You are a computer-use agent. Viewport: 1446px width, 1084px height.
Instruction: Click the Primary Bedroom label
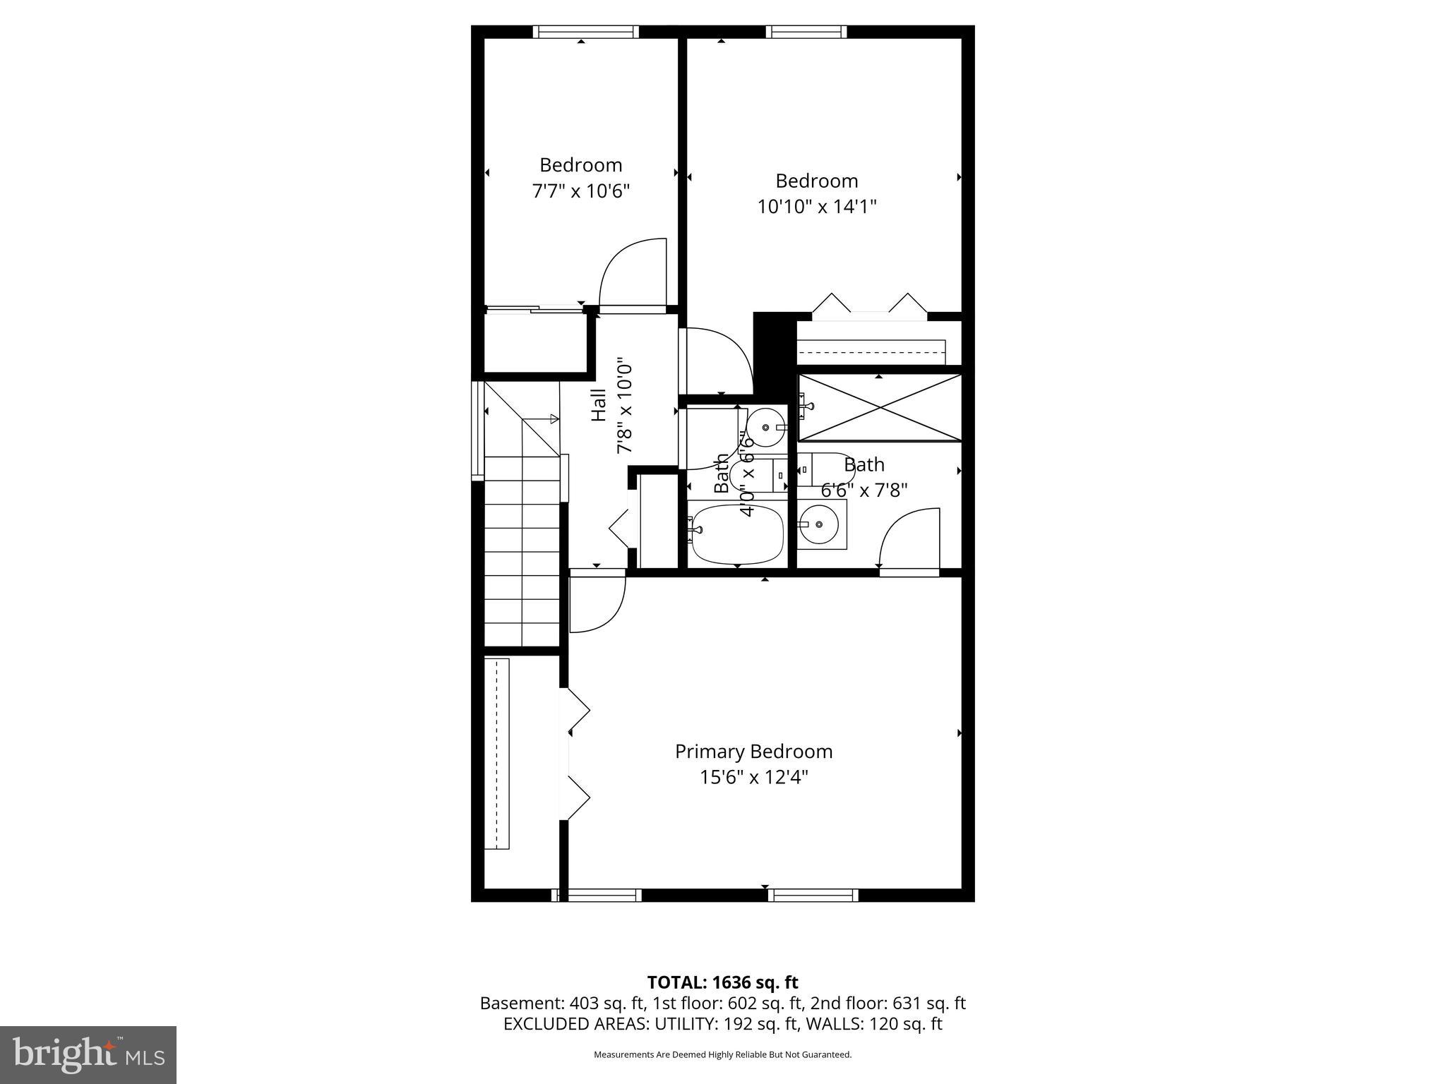click(x=753, y=752)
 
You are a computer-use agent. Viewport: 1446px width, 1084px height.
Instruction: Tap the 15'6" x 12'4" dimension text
click(x=753, y=778)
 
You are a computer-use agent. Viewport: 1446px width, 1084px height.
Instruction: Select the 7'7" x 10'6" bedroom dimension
click(x=580, y=191)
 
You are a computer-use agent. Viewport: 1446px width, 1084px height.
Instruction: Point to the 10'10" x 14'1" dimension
click(x=817, y=207)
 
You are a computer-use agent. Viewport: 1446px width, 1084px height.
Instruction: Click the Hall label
click(x=599, y=406)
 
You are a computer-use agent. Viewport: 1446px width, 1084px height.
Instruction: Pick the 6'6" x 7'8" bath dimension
click(x=864, y=490)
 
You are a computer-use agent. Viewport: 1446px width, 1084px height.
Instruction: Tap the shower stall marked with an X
click(x=880, y=408)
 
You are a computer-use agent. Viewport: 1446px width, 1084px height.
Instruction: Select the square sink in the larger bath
click(x=821, y=524)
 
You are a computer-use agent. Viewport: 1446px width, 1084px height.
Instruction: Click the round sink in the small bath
click(x=767, y=428)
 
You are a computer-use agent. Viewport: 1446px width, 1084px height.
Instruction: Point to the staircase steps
click(x=522, y=550)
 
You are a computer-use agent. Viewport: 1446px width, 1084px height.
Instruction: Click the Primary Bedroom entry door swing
click(x=597, y=604)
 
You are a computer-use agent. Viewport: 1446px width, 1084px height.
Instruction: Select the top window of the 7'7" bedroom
click(x=585, y=32)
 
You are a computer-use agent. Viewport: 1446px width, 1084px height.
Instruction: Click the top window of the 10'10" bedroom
click(x=806, y=32)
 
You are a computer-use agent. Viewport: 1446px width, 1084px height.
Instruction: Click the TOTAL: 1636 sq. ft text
click(x=722, y=982)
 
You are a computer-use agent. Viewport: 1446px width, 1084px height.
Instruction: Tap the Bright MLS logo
click(x=88, y=1055)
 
